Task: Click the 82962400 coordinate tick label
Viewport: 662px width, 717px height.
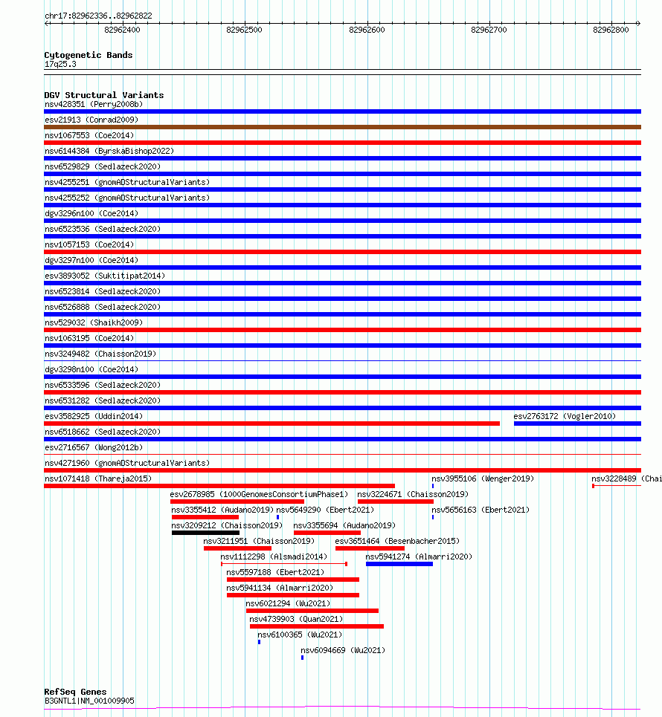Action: tap(121, 30)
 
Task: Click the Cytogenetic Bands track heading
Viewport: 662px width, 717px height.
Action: tap(88, 55)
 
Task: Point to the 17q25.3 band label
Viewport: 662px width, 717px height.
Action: tap(60, 64)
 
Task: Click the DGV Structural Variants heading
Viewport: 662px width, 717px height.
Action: tap(103, 95)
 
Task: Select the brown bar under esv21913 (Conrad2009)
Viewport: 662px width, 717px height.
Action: tap(342, 127)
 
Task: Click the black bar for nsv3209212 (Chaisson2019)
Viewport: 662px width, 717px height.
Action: tap(205, 532)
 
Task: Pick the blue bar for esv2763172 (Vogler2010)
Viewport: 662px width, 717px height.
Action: tap(577, 424)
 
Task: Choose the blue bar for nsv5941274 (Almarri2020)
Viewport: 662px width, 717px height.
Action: tap(399, 563)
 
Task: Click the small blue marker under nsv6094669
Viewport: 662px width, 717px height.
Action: tap(302, 658)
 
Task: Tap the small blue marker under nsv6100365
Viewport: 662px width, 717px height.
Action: tap(259, 641)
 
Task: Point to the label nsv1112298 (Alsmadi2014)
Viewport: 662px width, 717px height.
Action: tap(273, 557)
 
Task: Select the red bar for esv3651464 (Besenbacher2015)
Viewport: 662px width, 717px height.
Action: tap(370, 548)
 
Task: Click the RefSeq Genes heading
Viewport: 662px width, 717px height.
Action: tap(75, 692)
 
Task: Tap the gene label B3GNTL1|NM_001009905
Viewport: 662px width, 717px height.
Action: tap(89, 701)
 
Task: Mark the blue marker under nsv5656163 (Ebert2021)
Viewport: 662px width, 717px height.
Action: tap(433, 516)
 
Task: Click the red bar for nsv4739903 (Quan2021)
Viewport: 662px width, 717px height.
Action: tap(317, 626)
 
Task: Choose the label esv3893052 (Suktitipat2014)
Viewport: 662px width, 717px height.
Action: tap(105, 276)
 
